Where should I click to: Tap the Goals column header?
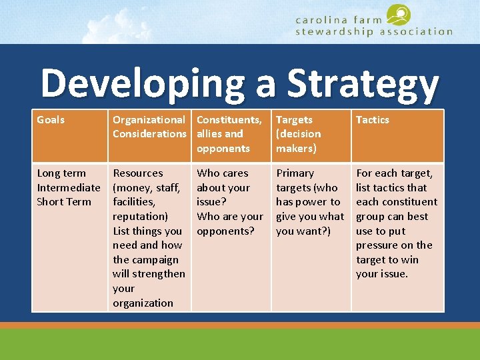tap(51, 120)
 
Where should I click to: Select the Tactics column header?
tap(372, 120)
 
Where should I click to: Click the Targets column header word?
tap(294, 120)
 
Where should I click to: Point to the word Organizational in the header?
tap(149, 120)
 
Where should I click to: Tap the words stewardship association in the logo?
tap(373, 31)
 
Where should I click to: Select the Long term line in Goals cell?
tap(61, 173)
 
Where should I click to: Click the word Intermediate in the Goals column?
tap(69, 188)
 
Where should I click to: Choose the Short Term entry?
tap(64, 202)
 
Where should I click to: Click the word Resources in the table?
tap(138, 173)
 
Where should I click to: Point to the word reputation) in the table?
tap(141, 217)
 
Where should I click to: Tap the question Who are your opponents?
tap(230, 224)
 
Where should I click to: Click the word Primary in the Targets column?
tap(295, 173)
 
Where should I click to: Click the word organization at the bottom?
tap(143, 303)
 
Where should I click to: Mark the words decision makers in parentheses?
tap(299, 141)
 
